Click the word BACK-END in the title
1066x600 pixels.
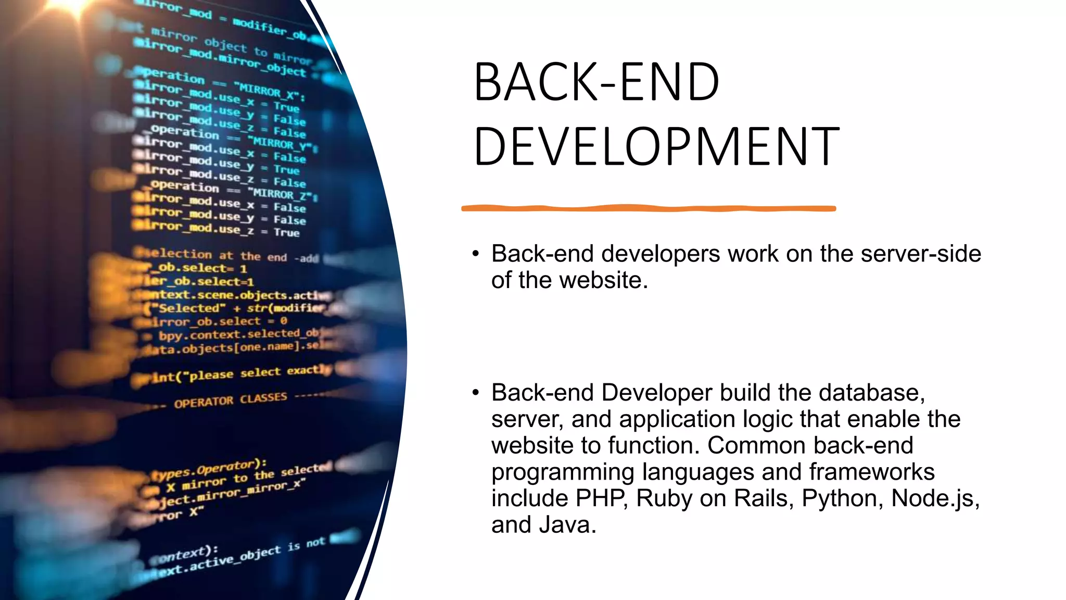point(597,83)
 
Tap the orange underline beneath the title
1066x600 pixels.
point(648,208)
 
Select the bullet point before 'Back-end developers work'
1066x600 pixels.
point(475,254)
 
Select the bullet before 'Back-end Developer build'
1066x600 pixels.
point(475,393)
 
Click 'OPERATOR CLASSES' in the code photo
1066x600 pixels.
point(231,400)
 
